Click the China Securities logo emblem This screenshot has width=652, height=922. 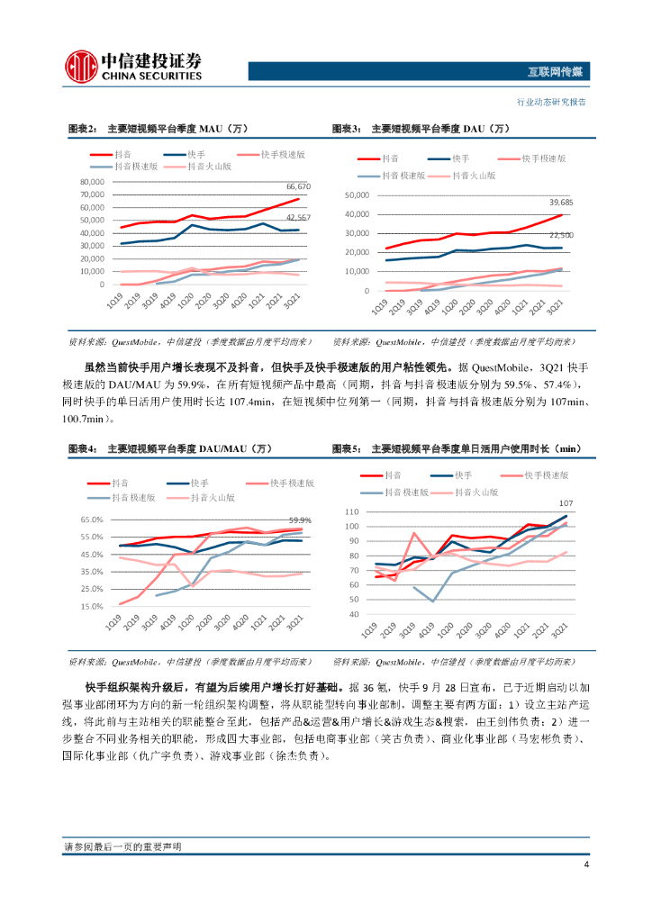82,65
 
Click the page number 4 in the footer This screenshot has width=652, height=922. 585,866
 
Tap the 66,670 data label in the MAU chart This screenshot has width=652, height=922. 298,186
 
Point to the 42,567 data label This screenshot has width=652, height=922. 298,218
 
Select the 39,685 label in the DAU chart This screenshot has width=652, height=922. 561,203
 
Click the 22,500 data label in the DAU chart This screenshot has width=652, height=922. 561,235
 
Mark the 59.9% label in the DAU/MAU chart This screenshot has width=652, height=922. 300,520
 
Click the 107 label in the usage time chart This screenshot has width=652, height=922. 566,502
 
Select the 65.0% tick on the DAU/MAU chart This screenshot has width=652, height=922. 93,520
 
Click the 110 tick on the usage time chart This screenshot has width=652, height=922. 352,511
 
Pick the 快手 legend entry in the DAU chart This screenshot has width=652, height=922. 463,158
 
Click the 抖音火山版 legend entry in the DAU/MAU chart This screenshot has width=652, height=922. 212,496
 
